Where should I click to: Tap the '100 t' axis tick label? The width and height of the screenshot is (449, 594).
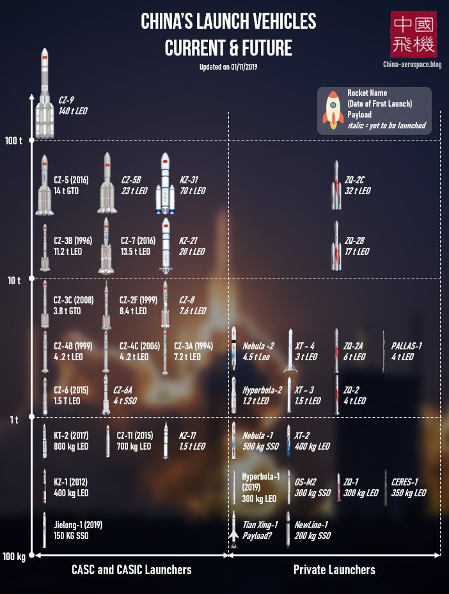(13, 141)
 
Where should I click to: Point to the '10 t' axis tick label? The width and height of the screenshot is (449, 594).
(15, 280)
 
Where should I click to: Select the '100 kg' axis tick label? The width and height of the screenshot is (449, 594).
(13, 557)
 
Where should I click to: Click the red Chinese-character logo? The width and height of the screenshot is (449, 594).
(414, 34)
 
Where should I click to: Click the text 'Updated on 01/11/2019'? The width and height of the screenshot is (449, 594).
(228, 66)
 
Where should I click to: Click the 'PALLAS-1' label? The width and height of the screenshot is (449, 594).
(406, 346)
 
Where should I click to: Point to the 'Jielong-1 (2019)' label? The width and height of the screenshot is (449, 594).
(78, 525)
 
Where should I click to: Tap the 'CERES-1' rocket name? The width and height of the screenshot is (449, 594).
(404, 482)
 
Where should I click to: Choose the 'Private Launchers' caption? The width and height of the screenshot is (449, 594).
(334, 570)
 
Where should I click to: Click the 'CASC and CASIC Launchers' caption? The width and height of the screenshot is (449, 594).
(131, 570)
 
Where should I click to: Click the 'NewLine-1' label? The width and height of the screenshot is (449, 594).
(311, 525)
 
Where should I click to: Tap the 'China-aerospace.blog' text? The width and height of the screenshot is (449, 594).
(413, 65)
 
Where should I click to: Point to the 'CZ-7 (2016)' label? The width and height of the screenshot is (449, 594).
(138, 241)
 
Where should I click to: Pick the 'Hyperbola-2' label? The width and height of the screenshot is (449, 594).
(262, 390)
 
